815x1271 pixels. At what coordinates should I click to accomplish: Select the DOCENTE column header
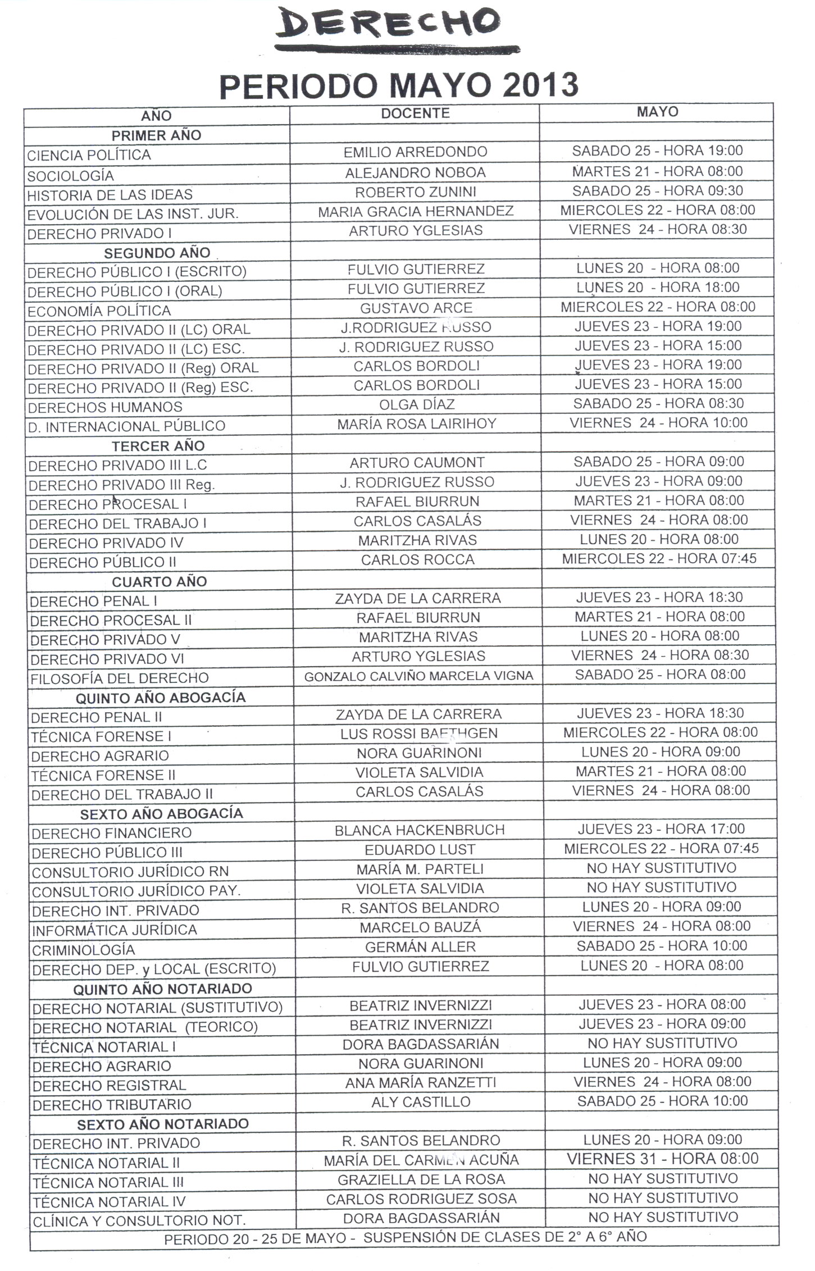415,113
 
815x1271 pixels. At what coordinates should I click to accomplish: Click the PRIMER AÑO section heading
156,135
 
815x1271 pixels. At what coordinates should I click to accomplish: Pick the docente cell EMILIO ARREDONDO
415,152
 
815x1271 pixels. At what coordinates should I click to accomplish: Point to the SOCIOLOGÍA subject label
70,176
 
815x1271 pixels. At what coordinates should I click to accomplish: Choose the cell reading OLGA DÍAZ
417,404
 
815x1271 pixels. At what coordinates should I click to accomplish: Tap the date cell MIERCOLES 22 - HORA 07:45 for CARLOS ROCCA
659,559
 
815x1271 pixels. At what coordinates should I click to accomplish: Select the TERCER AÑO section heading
158,446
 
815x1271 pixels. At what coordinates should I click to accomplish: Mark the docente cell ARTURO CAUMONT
417,463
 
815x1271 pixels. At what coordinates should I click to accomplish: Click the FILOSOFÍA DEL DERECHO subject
119,678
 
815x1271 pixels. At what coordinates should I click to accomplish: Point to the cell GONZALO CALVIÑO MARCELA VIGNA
418,676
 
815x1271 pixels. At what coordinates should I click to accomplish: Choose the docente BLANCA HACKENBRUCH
420,830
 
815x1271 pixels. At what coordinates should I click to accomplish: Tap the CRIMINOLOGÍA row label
83,950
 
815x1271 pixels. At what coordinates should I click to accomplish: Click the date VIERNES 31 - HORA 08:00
662,1159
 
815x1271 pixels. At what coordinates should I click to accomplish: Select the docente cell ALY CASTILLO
421,1102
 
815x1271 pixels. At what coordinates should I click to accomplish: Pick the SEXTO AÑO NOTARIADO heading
163,1124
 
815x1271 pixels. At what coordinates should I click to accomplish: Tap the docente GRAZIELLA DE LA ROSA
421,1179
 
